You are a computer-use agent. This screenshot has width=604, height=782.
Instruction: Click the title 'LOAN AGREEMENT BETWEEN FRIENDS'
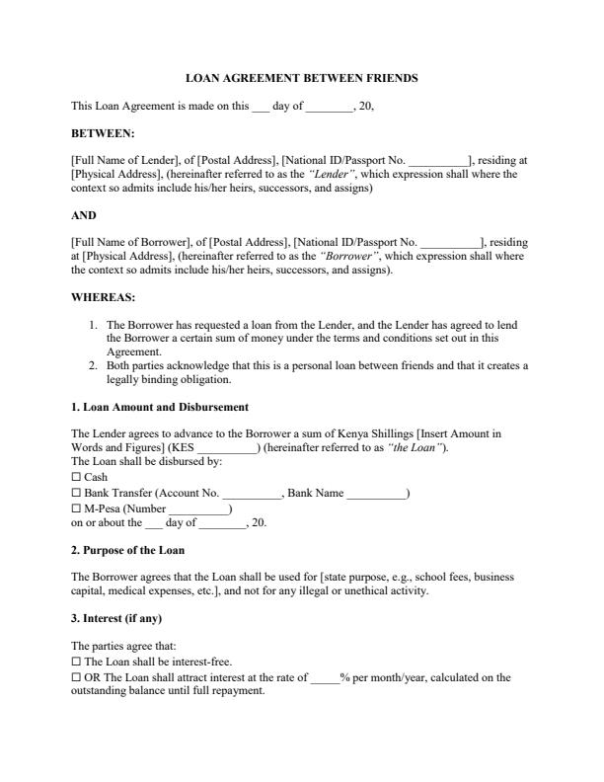[x=302, y=77]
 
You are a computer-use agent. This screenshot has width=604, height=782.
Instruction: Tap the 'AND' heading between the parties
[x=84, y=214]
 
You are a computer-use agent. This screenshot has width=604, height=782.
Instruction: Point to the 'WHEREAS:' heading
[x=104, y=296]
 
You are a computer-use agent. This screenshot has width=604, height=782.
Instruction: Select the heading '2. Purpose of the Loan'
[x=127, y=550]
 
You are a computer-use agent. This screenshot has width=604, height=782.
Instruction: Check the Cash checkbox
[x=77, y=477]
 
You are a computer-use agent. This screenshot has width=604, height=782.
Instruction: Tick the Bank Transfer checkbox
[x=77, y=493]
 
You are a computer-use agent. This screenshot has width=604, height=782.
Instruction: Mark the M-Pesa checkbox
[x=77, y=508]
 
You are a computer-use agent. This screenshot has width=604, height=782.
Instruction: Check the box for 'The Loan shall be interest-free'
[x=77, y=662]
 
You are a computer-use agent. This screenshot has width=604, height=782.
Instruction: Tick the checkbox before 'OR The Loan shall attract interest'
[x=77, y=677]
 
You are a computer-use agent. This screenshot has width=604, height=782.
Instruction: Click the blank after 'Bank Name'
[x=376, y=494]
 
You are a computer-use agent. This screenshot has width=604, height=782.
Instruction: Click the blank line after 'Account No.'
[x=253, y=494]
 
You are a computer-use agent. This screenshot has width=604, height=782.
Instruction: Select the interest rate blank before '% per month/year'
[x=325, y=678]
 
